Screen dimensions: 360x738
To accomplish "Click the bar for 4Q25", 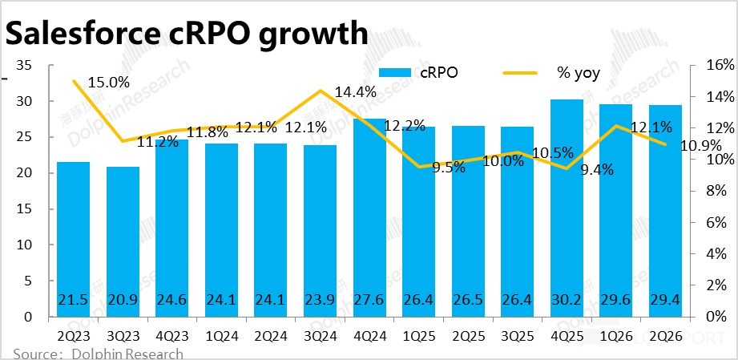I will coord(566,208).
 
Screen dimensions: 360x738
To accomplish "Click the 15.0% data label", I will coord(109,83).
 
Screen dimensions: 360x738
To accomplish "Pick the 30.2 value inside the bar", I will coord(566,300).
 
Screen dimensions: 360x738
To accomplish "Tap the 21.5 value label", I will coord(73,300).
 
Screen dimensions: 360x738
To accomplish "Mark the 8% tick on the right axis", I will coord(716,191).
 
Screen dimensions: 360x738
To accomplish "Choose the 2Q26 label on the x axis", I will coord(664,337).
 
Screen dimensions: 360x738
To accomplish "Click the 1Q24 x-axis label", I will coord(221,337).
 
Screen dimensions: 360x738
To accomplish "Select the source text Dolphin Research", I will coord(128,354).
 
